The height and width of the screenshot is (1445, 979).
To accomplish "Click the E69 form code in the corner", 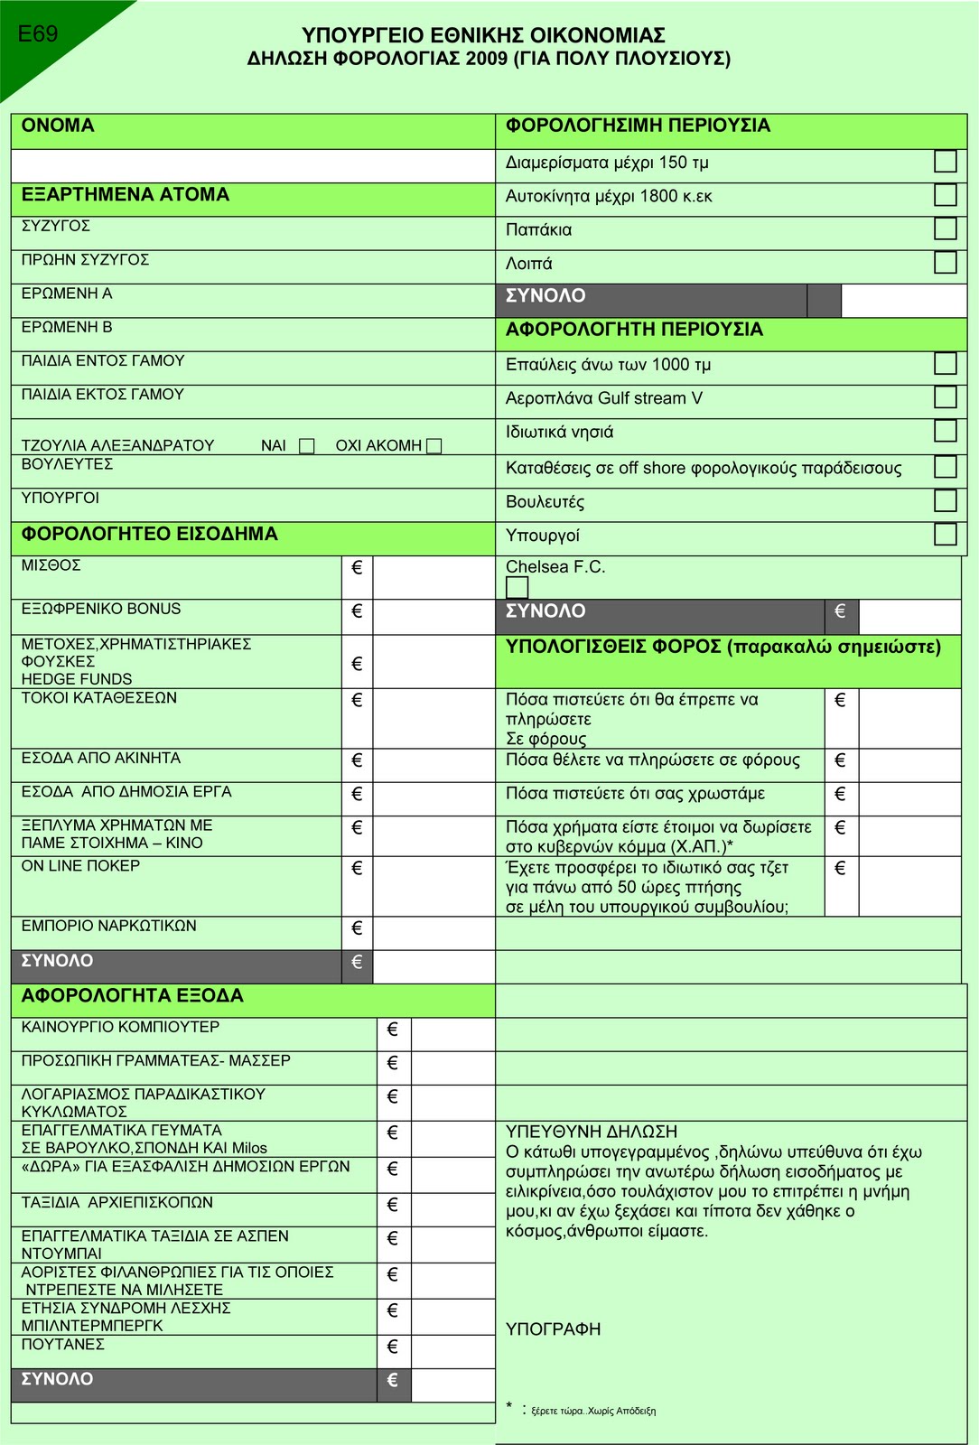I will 38,34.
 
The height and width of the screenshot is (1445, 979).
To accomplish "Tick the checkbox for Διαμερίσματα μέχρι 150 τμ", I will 945,161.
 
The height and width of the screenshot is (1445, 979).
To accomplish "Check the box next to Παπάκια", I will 945,228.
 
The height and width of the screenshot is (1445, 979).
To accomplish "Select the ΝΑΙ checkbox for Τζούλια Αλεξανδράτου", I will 307,446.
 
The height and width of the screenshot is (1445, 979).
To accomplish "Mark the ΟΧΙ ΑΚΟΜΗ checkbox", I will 434,446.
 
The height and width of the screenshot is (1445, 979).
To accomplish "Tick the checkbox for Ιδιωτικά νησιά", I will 945,431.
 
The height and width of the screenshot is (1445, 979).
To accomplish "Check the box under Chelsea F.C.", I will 517,587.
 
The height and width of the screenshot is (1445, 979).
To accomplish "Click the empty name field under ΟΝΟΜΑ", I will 253,166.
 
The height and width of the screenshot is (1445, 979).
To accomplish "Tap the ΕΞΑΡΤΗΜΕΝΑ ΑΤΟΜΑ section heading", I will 126,195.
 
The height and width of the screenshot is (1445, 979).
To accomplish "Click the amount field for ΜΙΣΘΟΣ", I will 434,576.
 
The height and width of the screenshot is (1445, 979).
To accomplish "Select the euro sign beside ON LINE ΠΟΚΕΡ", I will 357,869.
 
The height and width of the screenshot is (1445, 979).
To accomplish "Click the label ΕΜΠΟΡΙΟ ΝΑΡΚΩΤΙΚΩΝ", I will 108,926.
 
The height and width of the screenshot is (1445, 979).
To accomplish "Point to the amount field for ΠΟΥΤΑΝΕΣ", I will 452,1351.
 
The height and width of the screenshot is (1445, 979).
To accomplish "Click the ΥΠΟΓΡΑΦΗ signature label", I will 553,1329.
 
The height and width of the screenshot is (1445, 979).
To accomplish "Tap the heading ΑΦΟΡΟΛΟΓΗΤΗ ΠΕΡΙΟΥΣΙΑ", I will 634,330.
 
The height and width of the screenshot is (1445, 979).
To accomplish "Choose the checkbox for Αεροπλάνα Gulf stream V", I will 945,397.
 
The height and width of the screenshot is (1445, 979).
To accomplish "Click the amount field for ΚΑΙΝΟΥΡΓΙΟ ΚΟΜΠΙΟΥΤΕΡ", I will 452,1034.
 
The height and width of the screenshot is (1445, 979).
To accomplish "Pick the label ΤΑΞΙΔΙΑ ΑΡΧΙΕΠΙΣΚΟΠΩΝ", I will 117,1203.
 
